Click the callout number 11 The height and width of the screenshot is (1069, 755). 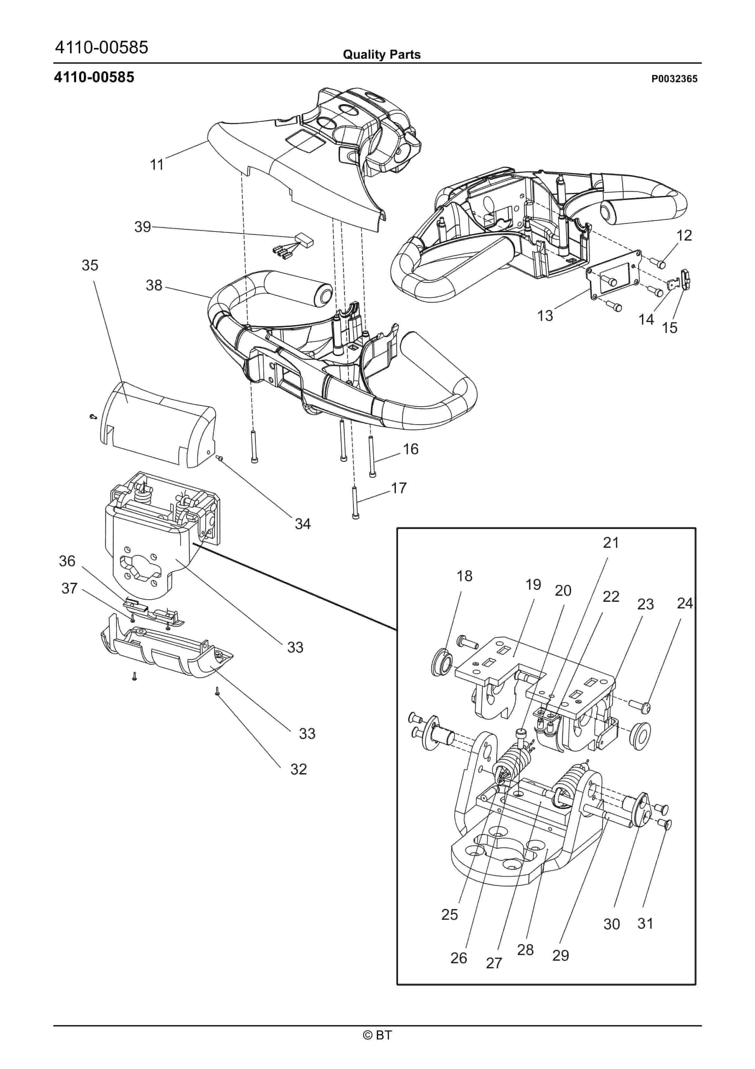point(157,165)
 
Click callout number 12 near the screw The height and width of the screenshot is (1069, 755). point(684,235)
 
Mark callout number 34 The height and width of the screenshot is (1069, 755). point(303,524)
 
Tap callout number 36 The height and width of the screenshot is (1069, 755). point(67,561)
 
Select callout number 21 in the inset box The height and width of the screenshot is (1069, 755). point(611,543)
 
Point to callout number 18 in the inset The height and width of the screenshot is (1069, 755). point(464,576)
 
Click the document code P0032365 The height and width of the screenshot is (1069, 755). point(674,79)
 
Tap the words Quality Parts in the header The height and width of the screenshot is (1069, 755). point(382,55)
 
